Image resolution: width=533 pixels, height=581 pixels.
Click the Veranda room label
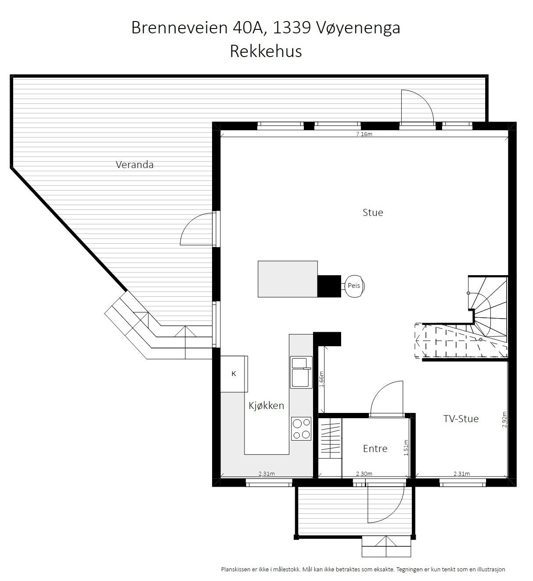tap(134, 165)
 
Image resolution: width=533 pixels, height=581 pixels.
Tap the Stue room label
tap(373, 212)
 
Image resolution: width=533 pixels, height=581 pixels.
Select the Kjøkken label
tap(266, 405)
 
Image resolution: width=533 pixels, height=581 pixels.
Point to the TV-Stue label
tap(461, 419)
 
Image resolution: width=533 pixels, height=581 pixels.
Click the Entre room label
tap(375, 448)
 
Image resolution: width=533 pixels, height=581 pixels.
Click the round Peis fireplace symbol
tap(354, 286)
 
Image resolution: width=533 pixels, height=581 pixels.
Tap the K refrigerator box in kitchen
tap(234, 374)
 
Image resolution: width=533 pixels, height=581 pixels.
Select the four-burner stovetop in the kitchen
tap(301, 429)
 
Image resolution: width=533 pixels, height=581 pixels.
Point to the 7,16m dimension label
tap(364, 134)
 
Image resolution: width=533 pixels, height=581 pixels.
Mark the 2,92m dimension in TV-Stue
tap(504, 420)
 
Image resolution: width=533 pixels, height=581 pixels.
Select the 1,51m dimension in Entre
tap(406, 448)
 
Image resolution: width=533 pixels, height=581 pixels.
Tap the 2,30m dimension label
tap(364, 473)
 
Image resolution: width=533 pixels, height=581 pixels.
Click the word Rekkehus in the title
tap(266, 51)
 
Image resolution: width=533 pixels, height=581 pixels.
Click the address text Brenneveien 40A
tap(199, 28)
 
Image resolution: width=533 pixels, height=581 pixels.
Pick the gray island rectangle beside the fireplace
tap(288, 279)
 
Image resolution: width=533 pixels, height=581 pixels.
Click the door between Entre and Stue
tap(386, 399)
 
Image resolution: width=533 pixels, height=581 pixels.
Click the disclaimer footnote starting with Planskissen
tap(363, 569)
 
